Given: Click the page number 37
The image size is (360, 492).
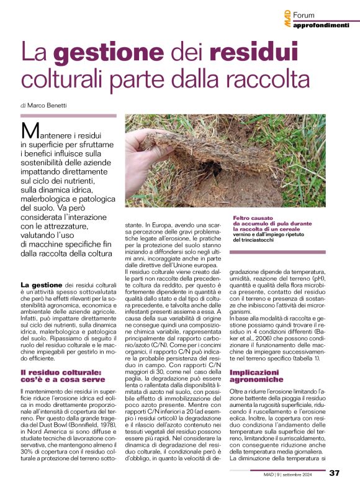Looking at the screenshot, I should coord(334,473).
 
